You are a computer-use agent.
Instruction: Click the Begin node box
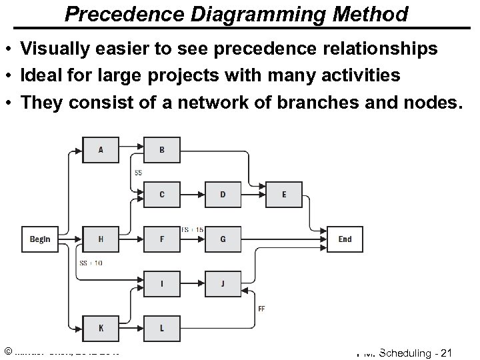point(40,239)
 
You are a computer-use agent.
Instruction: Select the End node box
point(345,239)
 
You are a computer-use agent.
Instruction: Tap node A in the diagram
point(101,150)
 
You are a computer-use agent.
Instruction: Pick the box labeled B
point(162,150)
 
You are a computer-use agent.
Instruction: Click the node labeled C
point(162,195)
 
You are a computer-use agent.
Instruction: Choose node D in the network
point(223,195)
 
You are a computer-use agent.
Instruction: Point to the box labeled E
point(284,195)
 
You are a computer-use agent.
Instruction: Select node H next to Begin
point(101,239)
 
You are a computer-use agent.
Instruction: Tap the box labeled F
point(162,239)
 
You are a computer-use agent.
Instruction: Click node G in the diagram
point(223,239)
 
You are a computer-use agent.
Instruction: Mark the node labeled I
point(162,283)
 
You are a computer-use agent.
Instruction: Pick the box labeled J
point(223,283)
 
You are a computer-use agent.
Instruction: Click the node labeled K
point(101,328)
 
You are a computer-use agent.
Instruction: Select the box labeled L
point(162,328)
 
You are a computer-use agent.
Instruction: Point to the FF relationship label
point(261,308)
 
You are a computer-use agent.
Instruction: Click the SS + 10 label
point(91,263)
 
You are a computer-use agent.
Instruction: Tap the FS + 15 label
point(193,229)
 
